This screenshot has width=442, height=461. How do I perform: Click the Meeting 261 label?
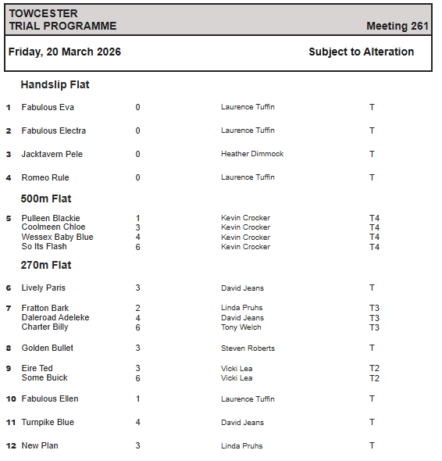[397, 26]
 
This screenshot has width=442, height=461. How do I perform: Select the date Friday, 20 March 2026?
[65, 52]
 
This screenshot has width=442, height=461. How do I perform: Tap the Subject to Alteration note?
[361, 52]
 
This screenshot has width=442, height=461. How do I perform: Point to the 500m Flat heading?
[46, 198]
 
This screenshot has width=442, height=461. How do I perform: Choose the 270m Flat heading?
[46, 265]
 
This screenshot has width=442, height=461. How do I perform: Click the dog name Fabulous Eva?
[48, 107]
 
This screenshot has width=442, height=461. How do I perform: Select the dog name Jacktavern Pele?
[52, 154]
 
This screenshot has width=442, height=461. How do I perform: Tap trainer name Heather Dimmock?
[252, 154]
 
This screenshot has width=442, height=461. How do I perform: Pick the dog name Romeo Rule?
[45, 177]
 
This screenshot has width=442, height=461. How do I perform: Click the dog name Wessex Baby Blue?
[57, 237]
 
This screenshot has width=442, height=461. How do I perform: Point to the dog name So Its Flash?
[44, 246]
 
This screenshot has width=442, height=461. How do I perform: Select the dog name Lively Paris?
[44, 288]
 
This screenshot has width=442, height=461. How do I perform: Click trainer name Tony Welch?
[241, 327]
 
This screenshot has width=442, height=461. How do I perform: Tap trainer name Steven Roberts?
[248, 348]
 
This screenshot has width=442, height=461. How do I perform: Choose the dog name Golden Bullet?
[48, 348]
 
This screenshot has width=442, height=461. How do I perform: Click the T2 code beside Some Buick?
[374, 378]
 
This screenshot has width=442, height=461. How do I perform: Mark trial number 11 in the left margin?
[11, 423]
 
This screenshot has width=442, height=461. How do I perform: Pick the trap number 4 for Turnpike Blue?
[137, 423]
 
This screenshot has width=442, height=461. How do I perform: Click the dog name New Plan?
[40, 445]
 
